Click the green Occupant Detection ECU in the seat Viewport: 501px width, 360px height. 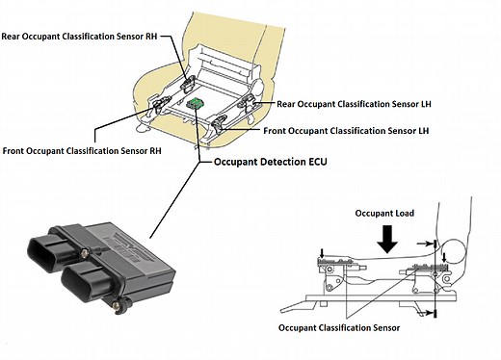click(x=197, y=102)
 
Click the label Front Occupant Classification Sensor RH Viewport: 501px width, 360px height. click(x=82, y=149)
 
